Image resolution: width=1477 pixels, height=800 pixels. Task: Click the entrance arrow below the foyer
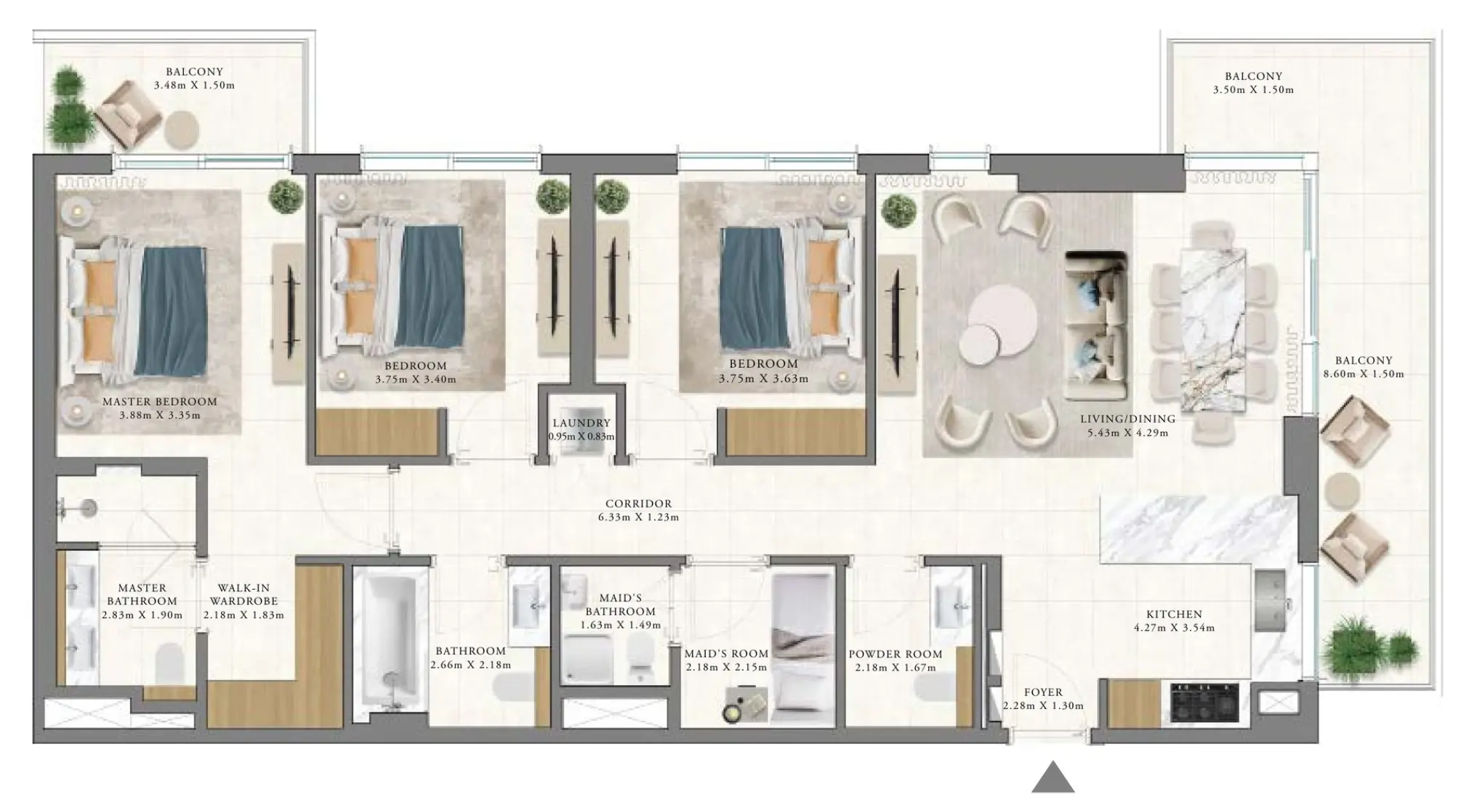tap(1053, 778)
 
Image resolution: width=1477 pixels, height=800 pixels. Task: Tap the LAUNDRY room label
tap(581, 423)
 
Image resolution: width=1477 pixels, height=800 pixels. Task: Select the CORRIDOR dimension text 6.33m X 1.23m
tap(638, 517)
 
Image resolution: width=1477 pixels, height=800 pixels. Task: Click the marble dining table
tap(1212, 330)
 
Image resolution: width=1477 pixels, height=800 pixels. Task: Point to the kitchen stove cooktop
tap(1204, 702)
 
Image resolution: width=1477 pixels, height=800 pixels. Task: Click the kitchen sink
tap(1270, 601)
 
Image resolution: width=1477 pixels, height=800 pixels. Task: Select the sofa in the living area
tap(1096, 326)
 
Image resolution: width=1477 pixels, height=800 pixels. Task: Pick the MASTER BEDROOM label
tap(159, 401)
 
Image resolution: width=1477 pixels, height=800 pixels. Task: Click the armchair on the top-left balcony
tap(129, 113)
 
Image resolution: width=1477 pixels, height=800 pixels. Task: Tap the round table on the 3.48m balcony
tap(181, 129)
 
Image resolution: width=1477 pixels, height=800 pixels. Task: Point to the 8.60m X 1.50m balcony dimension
tap(1363, 374)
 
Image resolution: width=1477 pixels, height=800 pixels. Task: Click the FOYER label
tap(1043, 692)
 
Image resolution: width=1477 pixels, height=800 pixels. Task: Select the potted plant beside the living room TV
tap(899, 209)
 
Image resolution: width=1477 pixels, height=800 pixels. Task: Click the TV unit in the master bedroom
tap(289, 314)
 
